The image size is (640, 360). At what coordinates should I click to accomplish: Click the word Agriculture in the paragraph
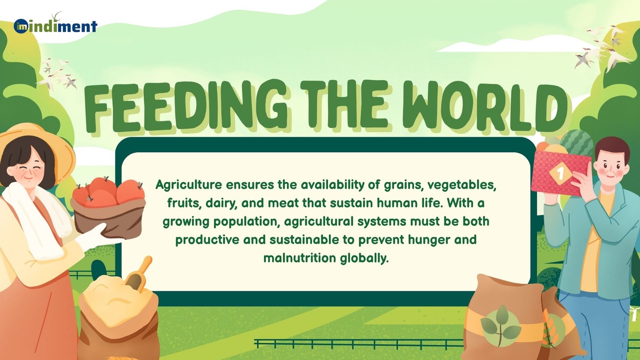pyautogui.click(x=189, y=185)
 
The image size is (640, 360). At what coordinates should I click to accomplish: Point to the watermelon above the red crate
pyautogui.click(x=576, y=142)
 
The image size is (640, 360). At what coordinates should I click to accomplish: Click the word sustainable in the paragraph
pyautogui.click(x=304, y=240)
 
